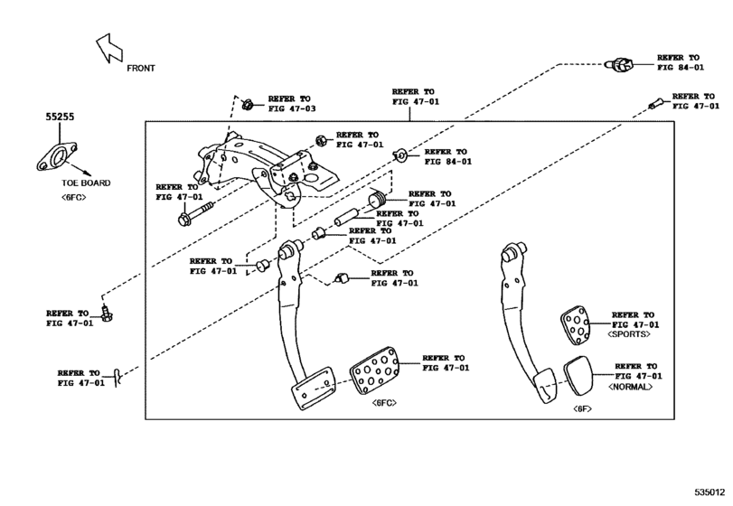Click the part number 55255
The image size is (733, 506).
[x=62, y=117]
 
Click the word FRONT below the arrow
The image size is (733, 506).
[x=140, y=68]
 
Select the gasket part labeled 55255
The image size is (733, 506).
[x=57, y=156]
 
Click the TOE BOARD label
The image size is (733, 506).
[x=86, y=183]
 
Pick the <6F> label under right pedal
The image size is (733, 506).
[x=582, y=409]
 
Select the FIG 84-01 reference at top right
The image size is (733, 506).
[x=680, y=66]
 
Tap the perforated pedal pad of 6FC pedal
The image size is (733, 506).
[x=373, y=370]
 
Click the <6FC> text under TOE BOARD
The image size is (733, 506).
[x=73, y=197]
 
